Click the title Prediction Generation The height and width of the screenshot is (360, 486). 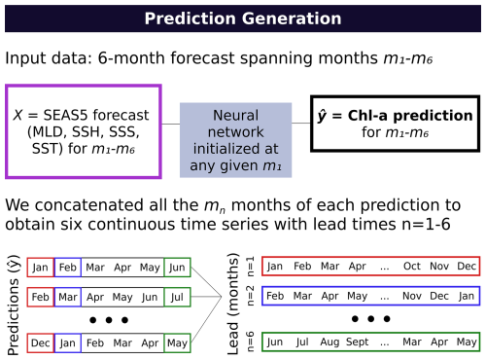tap(243, 18)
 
